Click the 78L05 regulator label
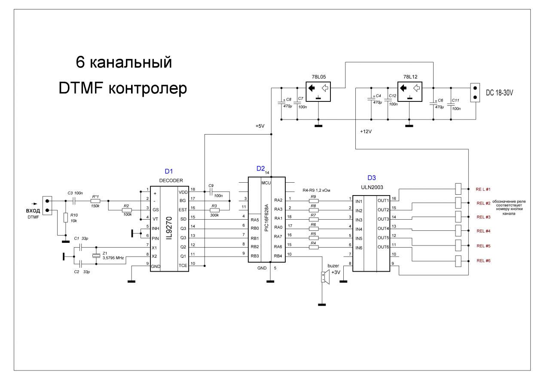(x=318, y=77)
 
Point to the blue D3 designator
(x=372, y=178)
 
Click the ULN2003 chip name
(x=373, y=187)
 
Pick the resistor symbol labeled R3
(x=214, y=210)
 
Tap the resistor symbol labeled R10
(x=65, y=217)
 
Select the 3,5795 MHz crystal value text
(x=113, y=258)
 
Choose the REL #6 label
(x=483, y=261)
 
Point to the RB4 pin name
(x=278, y=256)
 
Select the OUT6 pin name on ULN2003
(x=383, y=247)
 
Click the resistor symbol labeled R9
(x=313, y=201)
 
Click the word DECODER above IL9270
(x=171, y=180)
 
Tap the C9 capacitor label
(x=211, y=186)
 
